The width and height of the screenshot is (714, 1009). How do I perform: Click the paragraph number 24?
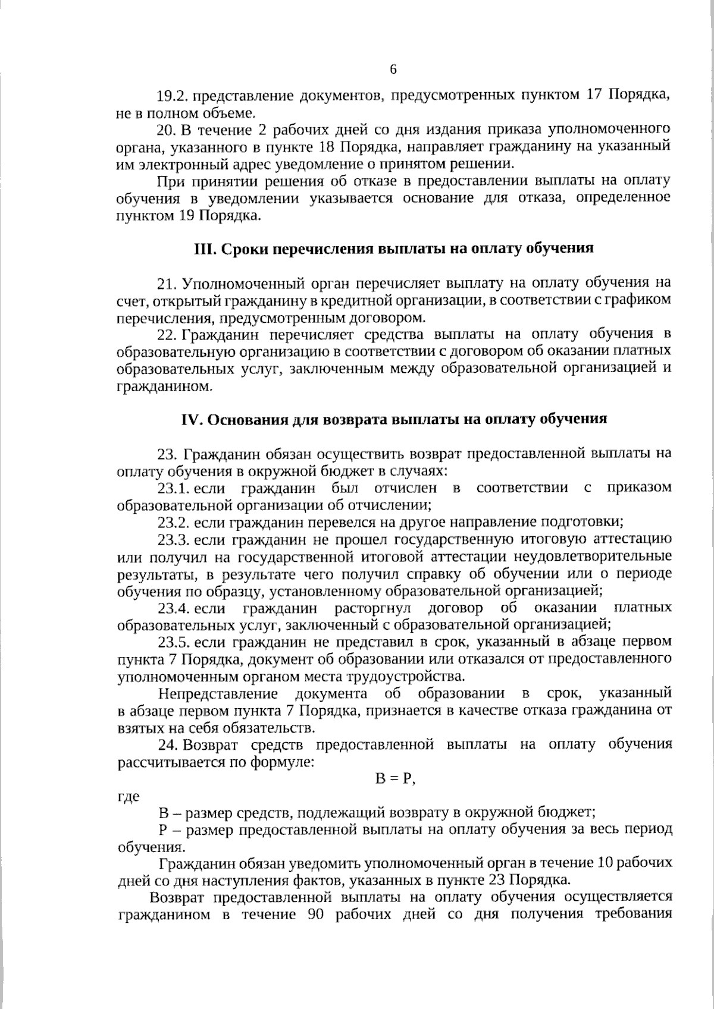pyautogui.click(x=167, y=744)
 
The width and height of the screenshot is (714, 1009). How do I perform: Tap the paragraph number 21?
pyautogui.click(x=167, y=282)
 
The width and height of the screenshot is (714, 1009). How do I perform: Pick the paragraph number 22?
pyautogui.click(x=167, y=334)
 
